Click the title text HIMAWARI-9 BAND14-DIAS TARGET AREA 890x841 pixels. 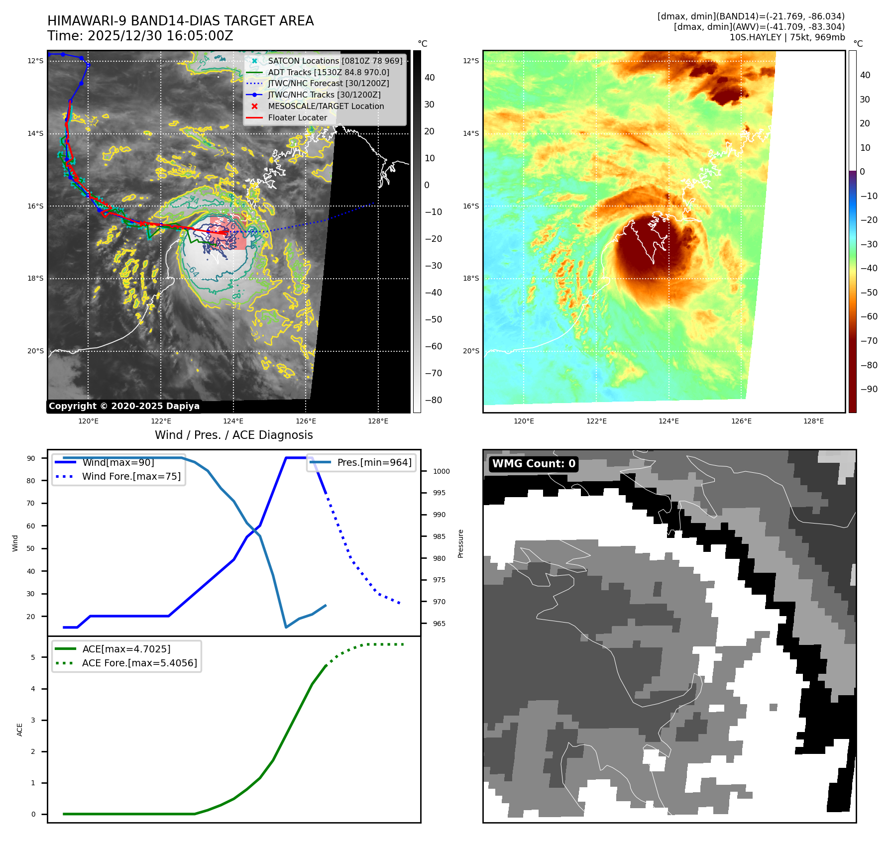[180, 21]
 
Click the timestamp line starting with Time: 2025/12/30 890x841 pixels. [140, 36]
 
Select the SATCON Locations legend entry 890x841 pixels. [334, 61]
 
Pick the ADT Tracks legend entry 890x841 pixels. [328, 72]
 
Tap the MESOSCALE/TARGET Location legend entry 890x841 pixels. [326, 106]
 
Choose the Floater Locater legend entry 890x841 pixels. [297, 117]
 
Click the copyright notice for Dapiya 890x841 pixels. [124, 406]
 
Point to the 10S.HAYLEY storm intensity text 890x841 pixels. [787, 37]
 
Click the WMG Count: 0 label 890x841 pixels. [534, 464]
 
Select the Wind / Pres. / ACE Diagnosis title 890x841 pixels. [234, 435]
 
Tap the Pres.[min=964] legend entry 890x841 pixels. [374, 462]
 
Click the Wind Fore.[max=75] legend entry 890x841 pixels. [131, 476]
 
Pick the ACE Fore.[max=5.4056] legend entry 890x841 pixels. [139, 663]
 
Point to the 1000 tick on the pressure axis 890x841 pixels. [441, 471]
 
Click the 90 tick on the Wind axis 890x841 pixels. [31, 458]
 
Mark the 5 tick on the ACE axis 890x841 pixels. [33, 657]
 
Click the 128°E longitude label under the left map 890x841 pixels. [378, 421]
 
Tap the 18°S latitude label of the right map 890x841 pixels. [471, 278]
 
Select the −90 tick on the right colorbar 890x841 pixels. [869, 389]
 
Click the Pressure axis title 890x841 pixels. [461, 543]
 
